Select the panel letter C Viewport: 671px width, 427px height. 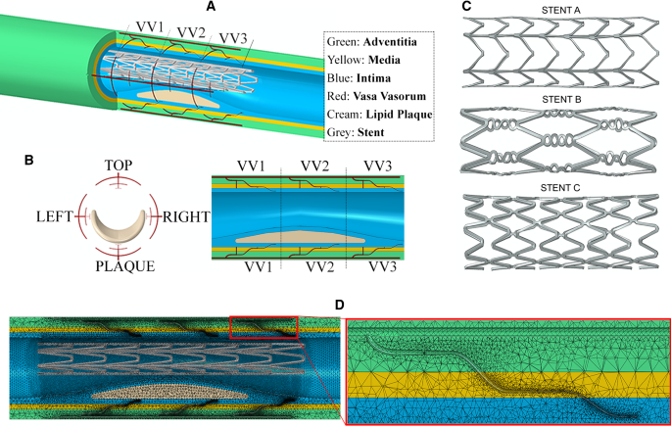(465, 7)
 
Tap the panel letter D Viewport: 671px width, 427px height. (340, 306)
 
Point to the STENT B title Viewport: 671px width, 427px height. (566, 98)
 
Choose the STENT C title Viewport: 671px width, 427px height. (566, 187)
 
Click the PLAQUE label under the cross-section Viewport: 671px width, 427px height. (119, 266)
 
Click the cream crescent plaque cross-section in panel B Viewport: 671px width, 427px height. (119, 229)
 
